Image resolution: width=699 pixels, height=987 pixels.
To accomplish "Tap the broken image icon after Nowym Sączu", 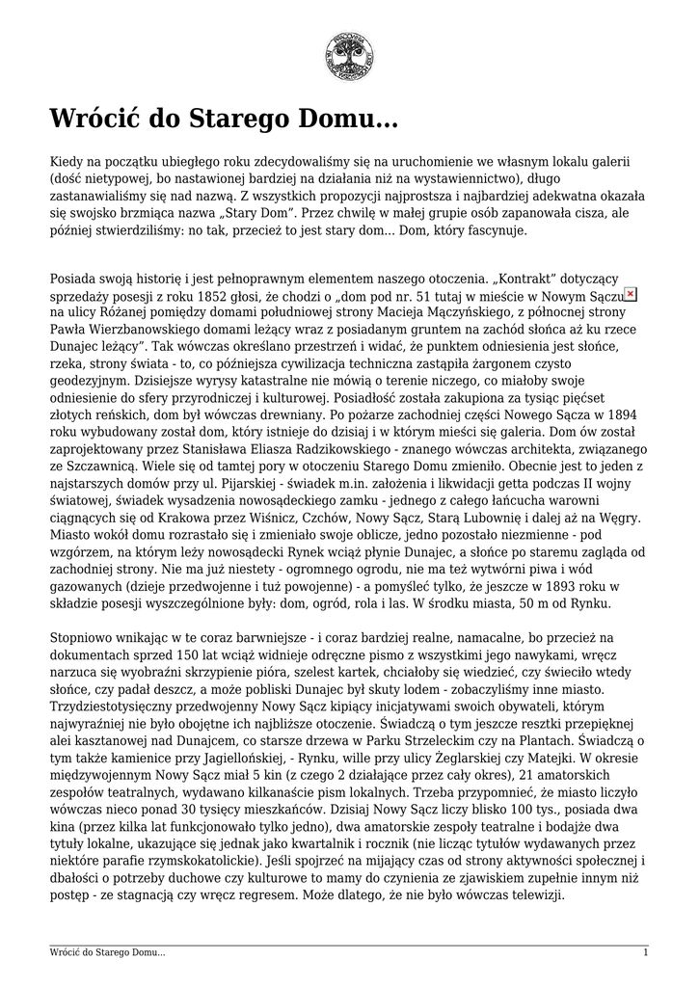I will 631,294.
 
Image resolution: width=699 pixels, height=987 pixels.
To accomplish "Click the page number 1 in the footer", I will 645,952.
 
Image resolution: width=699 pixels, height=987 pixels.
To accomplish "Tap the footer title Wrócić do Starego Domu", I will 107,952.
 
